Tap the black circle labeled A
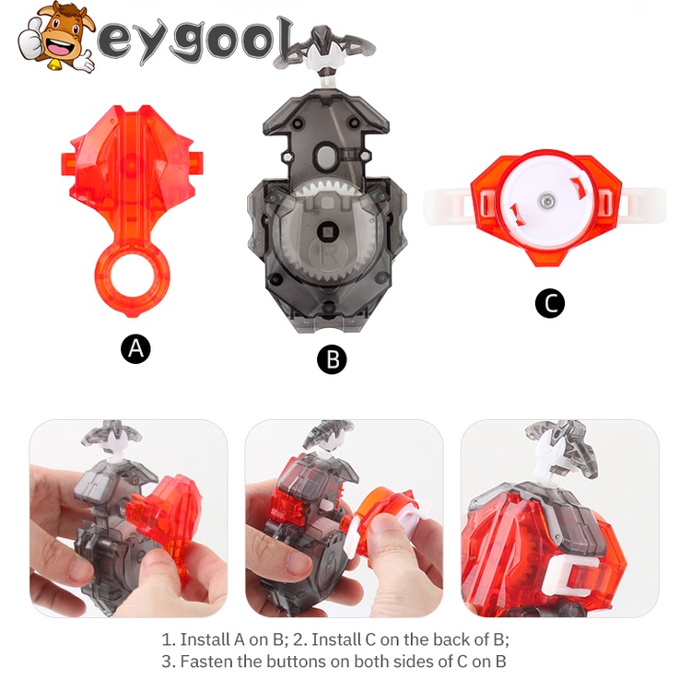(x=135, y=348)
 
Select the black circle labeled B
(x=332, y=359)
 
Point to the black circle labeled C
(x=549, y=303)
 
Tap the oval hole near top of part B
(x=328, y=154)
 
